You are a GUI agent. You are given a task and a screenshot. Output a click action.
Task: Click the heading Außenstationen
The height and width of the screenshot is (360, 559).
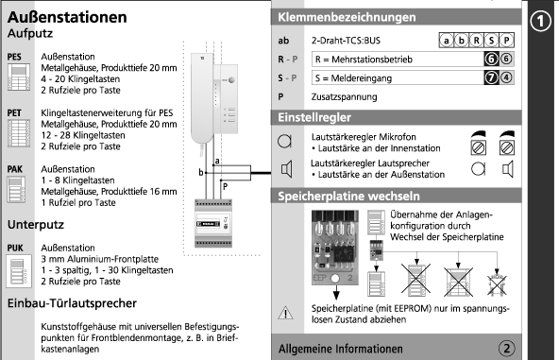click(x=67, y=17)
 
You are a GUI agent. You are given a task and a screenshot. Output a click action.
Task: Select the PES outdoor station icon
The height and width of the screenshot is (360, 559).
click(x=19, y=77)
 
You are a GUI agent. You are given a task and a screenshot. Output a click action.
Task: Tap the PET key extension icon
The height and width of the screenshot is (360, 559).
click(x=19, y=133)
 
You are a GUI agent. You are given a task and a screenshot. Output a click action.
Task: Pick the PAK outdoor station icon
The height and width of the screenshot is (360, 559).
click(x=16, y=189)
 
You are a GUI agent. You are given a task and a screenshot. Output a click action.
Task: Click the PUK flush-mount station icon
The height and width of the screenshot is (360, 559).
click(x=19, y=271)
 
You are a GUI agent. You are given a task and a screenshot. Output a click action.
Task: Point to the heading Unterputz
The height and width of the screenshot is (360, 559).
click(x=36, y=225)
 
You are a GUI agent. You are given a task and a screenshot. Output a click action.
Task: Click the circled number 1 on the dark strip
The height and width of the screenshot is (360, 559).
click(x=540, y=21)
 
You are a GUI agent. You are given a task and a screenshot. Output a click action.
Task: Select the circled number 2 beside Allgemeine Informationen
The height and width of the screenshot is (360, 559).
click(x=506, y=349)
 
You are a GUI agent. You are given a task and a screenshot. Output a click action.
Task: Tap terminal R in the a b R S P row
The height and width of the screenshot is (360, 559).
click(x=476, y=41)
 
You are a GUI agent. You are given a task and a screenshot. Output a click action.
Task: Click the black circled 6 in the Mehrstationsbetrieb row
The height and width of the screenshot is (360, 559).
click(x=491, y=59)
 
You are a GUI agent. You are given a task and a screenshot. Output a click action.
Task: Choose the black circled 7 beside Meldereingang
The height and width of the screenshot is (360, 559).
click(x=491, y=77)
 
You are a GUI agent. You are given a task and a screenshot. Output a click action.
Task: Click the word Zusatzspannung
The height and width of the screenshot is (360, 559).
click(x=344, y=97)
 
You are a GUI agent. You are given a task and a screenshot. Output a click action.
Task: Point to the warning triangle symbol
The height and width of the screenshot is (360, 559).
click(x=285, y=313)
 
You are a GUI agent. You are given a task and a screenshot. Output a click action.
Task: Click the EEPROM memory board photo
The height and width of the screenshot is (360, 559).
click(x=335, y=248)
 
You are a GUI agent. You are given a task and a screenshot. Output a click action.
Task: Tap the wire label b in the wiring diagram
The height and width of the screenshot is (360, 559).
click(x=201, y=173)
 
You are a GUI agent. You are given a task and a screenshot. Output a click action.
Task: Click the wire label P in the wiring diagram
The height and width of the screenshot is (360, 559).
click(x=226, y=186)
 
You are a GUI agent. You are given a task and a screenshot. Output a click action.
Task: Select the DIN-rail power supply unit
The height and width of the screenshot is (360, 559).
click(x=213, y=224)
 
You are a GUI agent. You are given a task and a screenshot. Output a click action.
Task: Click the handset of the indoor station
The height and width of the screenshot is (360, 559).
click(x=202, y=98)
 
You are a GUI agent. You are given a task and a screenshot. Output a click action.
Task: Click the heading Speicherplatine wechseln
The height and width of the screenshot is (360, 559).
click(x=348, y=197)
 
